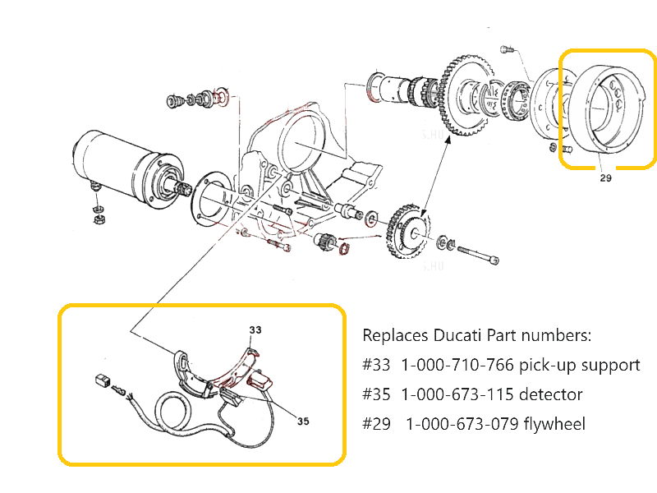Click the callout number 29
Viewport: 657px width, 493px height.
tap(606, 177)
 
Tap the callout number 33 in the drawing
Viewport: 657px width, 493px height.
tap(255, 329)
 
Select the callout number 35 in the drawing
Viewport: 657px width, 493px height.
tap(303, 422)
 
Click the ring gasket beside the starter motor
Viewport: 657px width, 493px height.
tap(216, 195)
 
